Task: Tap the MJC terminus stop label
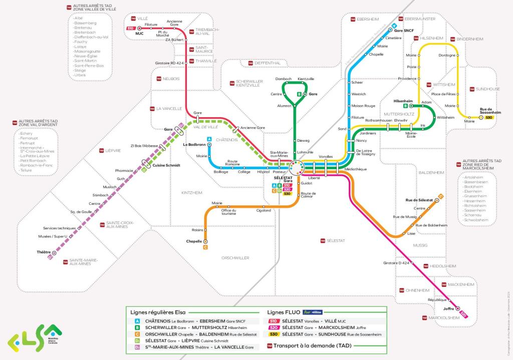pos(139,33)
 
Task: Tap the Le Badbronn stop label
pos(194,145)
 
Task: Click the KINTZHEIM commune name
pos(193,192)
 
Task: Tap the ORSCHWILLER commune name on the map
pos(235,258)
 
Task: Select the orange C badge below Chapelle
pos(205,247)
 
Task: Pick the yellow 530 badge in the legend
pos(273,334)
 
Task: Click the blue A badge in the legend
pos(137,320)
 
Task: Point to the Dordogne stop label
pos(446,55)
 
